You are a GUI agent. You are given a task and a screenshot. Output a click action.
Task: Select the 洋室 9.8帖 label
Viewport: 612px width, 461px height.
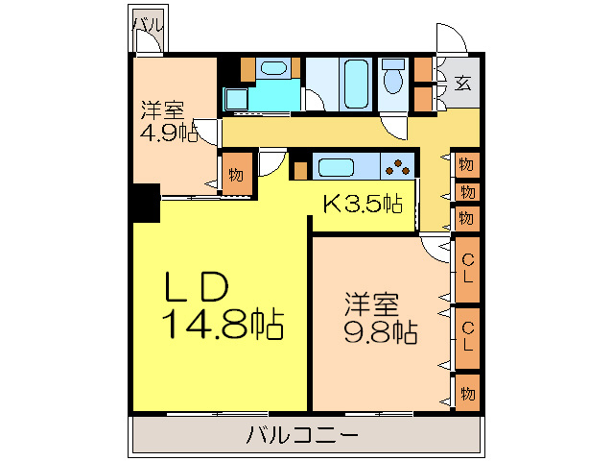381,319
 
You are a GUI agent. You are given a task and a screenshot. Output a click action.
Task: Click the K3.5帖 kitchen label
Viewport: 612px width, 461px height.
360,203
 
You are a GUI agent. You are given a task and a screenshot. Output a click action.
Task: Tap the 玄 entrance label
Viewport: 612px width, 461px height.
462,82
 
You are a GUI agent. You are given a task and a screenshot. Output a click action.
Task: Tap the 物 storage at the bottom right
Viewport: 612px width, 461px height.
467,394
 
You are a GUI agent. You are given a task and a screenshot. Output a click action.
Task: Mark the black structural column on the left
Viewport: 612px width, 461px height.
145,203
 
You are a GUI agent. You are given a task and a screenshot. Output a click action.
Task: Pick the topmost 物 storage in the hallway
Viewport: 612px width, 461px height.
465,164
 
